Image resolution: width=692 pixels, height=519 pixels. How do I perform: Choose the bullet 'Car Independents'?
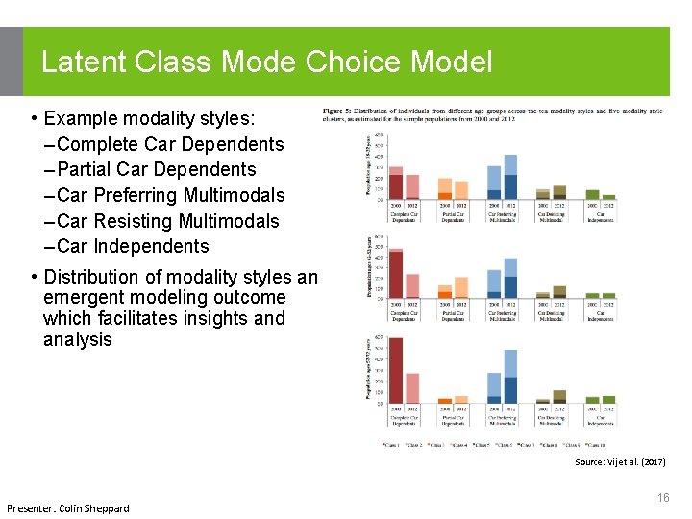[138, 246]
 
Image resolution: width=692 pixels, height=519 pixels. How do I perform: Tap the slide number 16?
[663, 497]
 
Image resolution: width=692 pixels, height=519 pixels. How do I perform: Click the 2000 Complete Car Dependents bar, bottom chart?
[395, 370]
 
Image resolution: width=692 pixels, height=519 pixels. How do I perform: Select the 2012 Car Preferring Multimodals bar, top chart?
[510, 177]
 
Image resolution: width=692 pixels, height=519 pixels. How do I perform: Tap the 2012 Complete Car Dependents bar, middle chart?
[412, 285]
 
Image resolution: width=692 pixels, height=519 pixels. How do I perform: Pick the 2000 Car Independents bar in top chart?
[592, 194]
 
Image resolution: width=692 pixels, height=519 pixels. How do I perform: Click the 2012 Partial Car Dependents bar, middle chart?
[461, 286]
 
